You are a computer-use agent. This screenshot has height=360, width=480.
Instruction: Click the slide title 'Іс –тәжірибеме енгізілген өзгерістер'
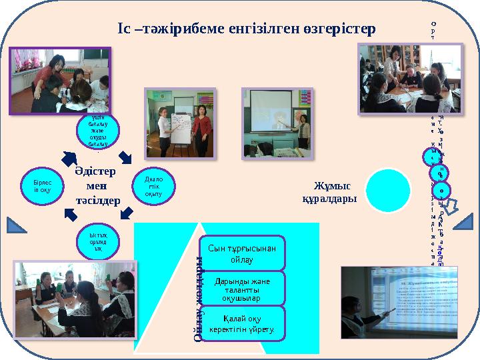[x=247, y=29]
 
